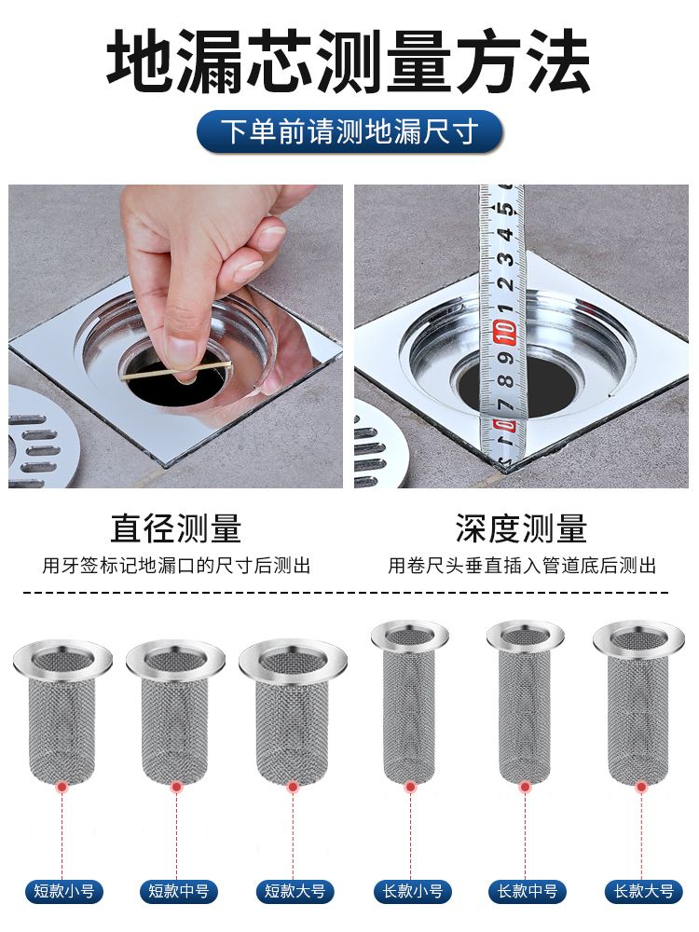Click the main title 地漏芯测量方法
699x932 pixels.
[x=349, y=62]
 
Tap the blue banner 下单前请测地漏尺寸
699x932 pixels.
[x=349, y=131]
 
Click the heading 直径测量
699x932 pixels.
[x=176, y=528]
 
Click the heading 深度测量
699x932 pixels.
[x=521, y=528]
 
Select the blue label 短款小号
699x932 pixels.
[x=63, y=892]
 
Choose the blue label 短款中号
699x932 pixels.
[x=178, y=892]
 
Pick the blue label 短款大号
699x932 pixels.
[x=295, y=892]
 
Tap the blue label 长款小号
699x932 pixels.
[x=413, y=892]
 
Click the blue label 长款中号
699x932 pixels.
[x=528, y=892]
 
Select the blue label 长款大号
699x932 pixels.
[x=644, y=892]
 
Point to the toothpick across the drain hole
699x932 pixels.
[x=176, y=370]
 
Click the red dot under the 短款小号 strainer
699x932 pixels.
[x=62, y=788]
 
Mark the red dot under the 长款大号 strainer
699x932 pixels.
[x=641, y=788]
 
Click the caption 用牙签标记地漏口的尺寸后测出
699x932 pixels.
[x=176, y=566]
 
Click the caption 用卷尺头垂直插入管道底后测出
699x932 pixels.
[x=522, y=566]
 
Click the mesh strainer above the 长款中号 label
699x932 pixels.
[x=526, y=702]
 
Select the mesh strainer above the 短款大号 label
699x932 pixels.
[x=293, y=712]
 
